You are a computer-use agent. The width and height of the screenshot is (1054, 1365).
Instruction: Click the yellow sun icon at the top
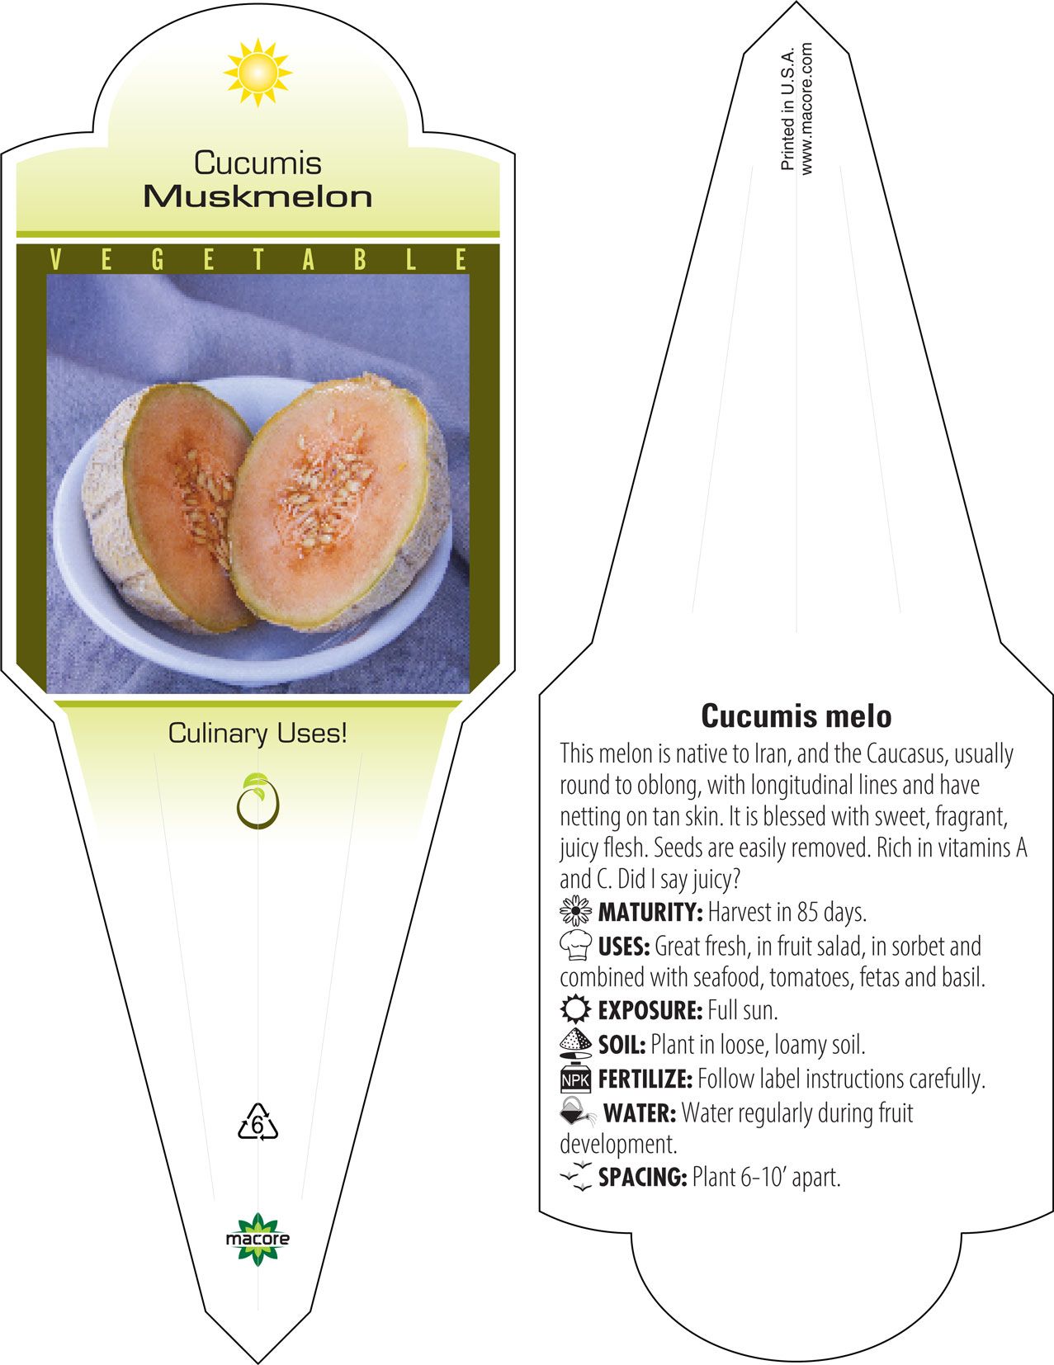258,73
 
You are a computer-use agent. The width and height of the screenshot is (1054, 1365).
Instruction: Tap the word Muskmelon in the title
258,196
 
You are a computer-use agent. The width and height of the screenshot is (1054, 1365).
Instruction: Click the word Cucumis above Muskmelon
258,163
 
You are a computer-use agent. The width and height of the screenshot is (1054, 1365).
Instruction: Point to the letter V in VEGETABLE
55,259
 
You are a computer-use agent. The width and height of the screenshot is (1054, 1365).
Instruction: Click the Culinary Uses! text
258,733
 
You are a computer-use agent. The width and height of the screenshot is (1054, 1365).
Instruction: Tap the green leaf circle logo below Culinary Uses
258,801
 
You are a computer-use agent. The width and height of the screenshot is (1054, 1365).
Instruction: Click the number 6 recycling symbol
258,1122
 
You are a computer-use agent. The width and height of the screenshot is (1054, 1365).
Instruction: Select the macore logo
258,1239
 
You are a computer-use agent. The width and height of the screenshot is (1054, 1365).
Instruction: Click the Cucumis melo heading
796,716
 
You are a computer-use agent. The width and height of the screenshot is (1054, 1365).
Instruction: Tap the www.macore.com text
806,109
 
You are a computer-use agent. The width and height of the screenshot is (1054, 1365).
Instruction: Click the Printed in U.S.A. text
787,109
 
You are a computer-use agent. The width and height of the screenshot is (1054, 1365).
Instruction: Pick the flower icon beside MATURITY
575,911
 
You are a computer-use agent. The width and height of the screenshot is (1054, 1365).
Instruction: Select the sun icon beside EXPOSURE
575,1009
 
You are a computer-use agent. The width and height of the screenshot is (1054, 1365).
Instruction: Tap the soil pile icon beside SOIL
575,1043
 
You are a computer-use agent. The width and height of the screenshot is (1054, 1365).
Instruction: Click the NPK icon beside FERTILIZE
575,1079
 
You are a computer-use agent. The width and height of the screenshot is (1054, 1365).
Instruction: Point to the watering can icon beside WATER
578,1112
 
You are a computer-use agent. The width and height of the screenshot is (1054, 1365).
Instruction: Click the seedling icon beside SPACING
576,1175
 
